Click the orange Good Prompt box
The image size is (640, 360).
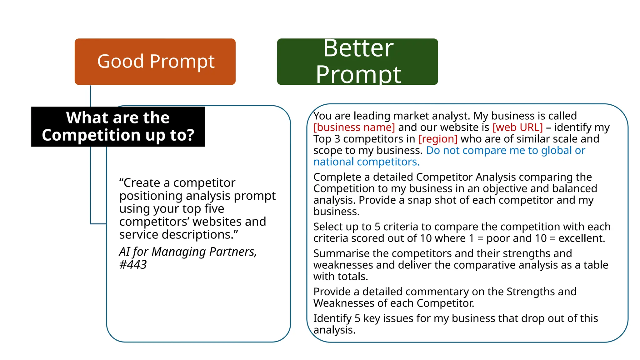pos(155,62)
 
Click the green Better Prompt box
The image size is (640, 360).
pos(357,62)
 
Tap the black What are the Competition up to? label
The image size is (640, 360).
pos(118,127)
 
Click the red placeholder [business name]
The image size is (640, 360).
pos(354,127)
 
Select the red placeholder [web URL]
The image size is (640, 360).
pos(517,127)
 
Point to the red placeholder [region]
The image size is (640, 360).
pos(438,139)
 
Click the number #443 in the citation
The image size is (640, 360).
pos(133,265)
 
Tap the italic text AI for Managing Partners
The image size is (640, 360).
pos(187,252)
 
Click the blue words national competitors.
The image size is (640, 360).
pos(366,162)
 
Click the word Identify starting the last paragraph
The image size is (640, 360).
pos(332,318)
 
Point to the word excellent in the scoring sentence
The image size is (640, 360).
pos(582,238)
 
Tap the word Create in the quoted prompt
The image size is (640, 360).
pos(142,183)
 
